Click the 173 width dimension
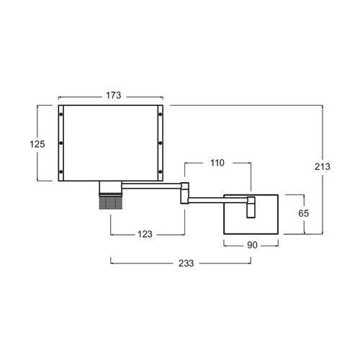pos(114,95)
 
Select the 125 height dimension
pos(37,144)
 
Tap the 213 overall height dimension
pos(323,166)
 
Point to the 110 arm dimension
pos(217,163)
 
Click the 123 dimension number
pos(145,234)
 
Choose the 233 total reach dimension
pos(186,264)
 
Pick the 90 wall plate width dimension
pos(252,245)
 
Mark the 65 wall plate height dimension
pos(304,213)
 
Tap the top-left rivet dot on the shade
pos(61,114)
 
